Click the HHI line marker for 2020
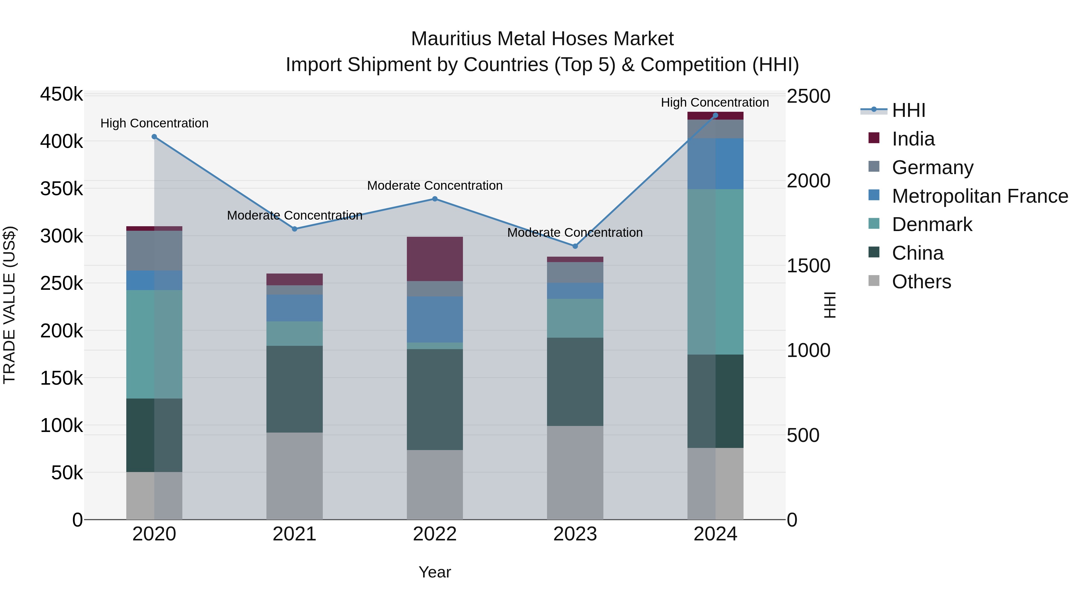point(154,137)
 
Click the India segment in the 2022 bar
point(435,259)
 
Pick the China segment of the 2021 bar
point(294,389)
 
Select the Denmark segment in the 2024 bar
point(715,271)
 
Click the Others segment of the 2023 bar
point(575,472)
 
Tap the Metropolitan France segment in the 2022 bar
point(435,319)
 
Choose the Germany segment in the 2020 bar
point(154,251)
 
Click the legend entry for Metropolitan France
point(980,196)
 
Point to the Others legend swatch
point(874,281)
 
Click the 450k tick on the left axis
point(61,95)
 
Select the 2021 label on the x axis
point(294,534)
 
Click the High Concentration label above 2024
point(715,102)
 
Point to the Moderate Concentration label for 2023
point(575,232)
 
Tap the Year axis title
point(435,572)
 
